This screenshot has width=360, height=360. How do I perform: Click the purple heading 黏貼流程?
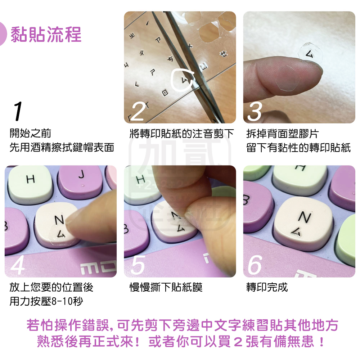tap(46, 35)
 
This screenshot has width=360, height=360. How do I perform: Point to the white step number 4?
tap(18, 266)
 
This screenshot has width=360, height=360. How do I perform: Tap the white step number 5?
tap(138, 266)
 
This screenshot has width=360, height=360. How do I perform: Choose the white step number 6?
tap(255, 266)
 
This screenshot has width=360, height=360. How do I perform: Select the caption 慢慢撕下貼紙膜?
tap(166, 287)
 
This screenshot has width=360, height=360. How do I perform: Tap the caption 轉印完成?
tap(267, 287)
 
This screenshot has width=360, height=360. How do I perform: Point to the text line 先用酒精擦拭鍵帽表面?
tap(62, 147)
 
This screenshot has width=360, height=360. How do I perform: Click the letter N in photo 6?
tap(305, 217)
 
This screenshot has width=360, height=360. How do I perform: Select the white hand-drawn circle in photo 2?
tap(184, 78)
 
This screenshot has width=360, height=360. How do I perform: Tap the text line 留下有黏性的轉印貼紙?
tap(298, 147)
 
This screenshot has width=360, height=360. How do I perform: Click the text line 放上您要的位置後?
tap(51, 287)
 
